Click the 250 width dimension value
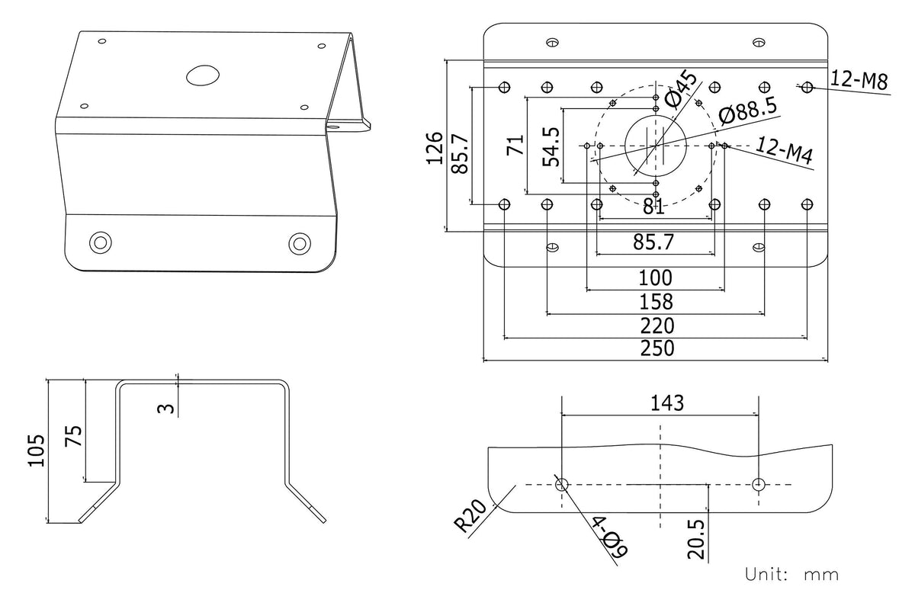pos(657,348)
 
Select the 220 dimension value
pos(657,326)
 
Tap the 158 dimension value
pos(657,301)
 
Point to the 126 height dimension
pos(435,147)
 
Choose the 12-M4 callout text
pos(785,150)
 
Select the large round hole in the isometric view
pos(202,75)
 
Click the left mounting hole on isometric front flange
pos(100,242)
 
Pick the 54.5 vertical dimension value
pos(551,146)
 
